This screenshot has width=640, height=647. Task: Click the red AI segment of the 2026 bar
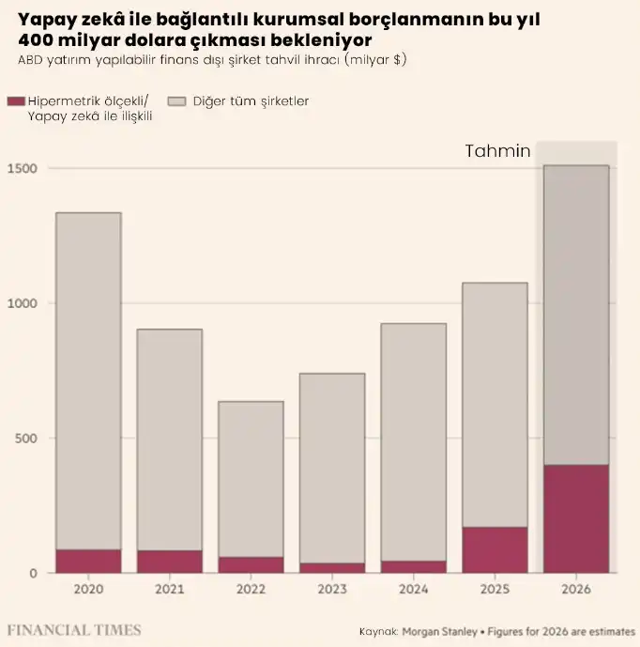[x=576, y=518]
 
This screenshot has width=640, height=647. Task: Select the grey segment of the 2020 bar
[x=88, y=380]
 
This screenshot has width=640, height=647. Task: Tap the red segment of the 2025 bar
[x=495, y=549]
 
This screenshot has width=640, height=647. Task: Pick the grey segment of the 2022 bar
[x=251, y=479]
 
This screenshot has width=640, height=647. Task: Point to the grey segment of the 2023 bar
[x=332, y=468]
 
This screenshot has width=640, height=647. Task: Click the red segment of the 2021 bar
[x=170, y=562]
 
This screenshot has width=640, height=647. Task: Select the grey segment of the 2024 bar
[x=413, y=441]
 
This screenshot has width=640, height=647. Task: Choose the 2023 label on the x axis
[x=332, y=590]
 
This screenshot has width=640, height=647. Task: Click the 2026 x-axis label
[x=576, y=590]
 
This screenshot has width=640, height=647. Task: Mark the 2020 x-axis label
[x=88, y=590]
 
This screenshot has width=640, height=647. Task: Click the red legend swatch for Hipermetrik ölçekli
[x=14, y=100]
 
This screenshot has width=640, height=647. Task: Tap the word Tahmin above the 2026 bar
[x=498, y=151]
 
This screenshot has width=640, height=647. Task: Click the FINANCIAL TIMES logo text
[x=74, y=629]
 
